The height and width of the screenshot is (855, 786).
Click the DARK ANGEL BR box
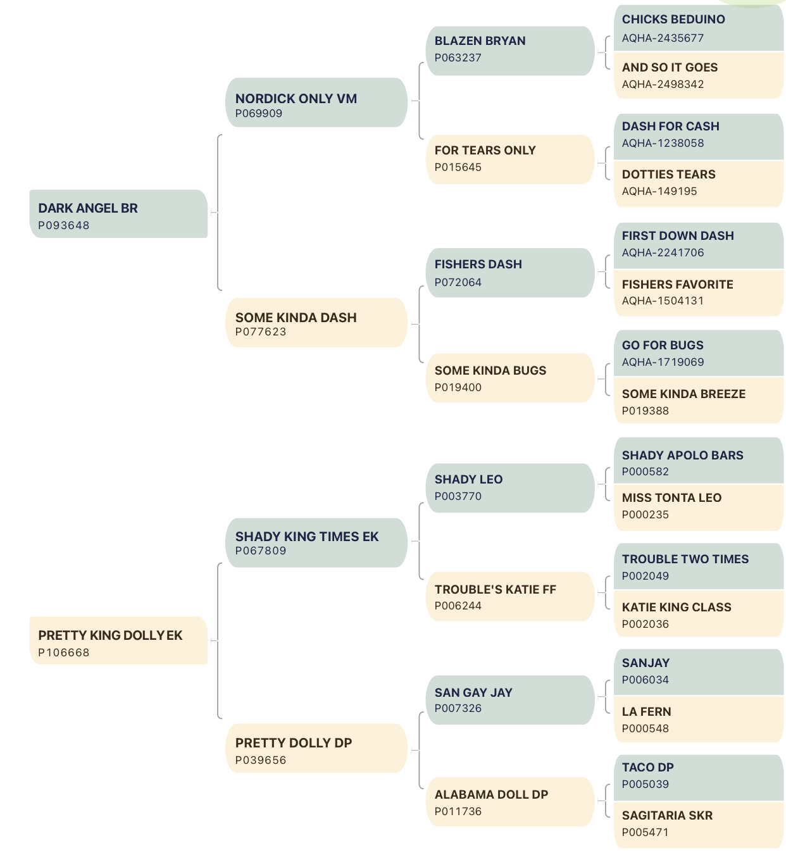tap(118, 213)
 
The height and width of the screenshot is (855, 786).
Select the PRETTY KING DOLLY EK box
tap(118, 640)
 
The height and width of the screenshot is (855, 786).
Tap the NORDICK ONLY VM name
tap(296, 99)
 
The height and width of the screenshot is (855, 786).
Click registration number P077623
tap(261, 332)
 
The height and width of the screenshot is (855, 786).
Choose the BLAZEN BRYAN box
tap(510, 51)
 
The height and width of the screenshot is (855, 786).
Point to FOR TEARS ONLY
tap(485, 150)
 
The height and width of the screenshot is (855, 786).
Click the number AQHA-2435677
tap(663, 38)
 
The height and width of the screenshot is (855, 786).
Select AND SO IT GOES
tap(670, 67)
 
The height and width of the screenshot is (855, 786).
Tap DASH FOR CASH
tap(670, 126)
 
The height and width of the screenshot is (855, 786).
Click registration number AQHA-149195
tap(659, 191)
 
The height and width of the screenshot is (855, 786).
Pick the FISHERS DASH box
tap(510, 272)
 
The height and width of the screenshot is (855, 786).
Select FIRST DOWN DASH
tap(678, 235)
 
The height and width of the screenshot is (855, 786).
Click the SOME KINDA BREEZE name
tap(683, 394)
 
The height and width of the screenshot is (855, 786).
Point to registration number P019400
tap(458, 387)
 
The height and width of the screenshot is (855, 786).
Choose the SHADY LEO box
tap(510, 487)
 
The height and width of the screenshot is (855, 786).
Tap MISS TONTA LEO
tap(671, 497)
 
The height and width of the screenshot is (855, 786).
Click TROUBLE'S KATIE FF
tap(496, 589)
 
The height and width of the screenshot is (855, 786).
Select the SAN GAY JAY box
tap(510, 699)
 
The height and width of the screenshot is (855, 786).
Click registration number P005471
tap(645, 832)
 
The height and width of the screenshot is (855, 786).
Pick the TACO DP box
tap(698, 777)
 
